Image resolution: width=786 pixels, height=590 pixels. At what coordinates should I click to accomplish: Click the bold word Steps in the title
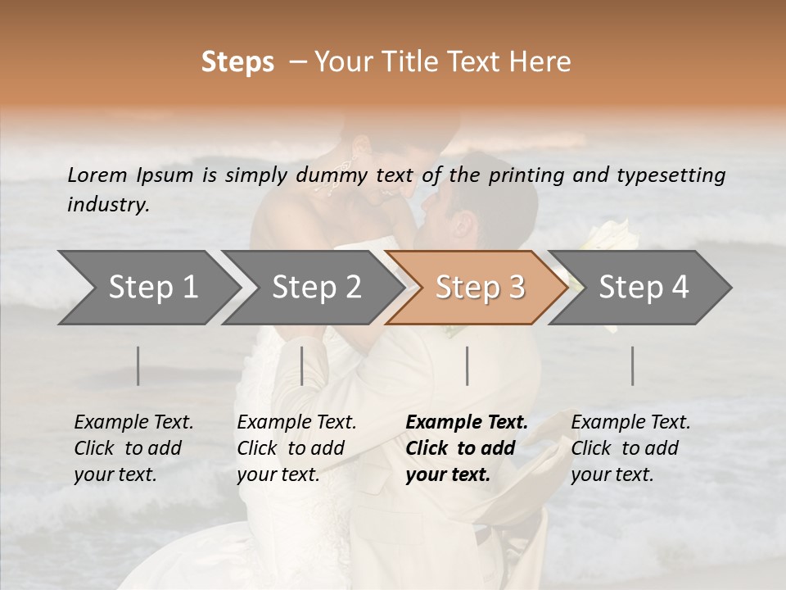coord(237,62)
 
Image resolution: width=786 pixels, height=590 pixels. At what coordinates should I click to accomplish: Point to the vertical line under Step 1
coord(138,365)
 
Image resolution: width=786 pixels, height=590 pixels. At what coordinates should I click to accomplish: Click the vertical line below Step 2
coord(302,365)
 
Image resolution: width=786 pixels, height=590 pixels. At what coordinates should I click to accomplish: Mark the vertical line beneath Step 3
coord(468,365)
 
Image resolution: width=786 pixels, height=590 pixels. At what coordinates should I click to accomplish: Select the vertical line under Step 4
coord(633,365)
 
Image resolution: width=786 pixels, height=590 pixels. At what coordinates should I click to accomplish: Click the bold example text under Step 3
coord(467,448)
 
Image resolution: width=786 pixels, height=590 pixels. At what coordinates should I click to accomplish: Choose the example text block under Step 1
coord(133,448)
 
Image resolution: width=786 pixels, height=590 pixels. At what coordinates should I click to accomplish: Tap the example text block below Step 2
coord(296,448)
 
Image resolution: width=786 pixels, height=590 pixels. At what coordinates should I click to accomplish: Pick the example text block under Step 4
coord(630,448)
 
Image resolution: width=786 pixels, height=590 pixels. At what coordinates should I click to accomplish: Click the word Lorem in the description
coord(97,175)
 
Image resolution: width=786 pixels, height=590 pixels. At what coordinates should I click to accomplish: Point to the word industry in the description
coord(108,205)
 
